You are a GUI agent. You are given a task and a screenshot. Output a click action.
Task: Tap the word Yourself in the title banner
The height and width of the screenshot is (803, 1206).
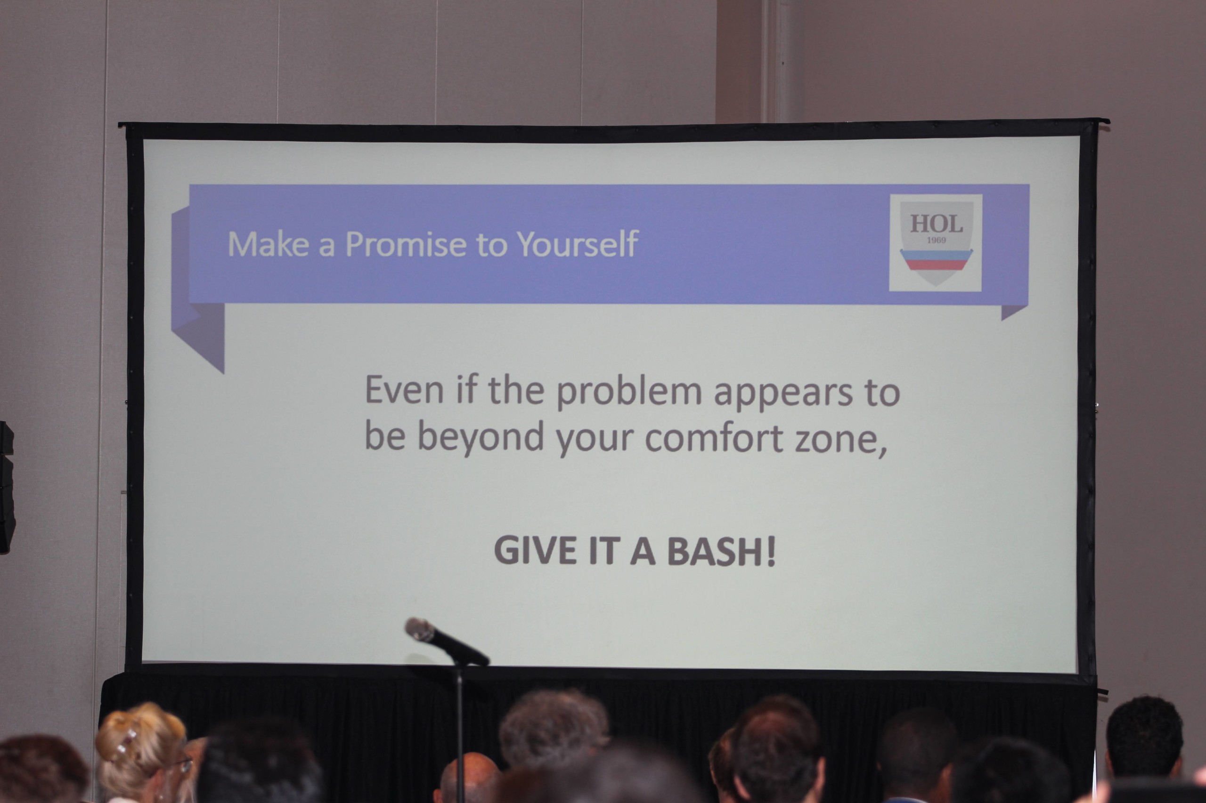tap(578, 243)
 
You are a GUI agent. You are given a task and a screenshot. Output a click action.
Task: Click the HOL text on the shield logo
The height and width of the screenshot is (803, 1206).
tap(936, 223)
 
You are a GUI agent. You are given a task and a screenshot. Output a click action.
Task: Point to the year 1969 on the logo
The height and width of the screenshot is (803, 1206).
tap(937, 240)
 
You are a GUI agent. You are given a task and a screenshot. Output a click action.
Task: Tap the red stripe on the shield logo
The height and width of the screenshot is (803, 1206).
tap(936, 264)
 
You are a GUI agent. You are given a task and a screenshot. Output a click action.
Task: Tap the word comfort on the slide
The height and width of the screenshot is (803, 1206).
tap(713, 438)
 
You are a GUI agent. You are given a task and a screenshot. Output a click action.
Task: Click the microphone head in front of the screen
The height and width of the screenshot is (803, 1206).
tap(420, 630)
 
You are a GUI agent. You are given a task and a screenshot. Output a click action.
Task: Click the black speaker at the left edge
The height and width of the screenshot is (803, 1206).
tap(7, 487)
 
